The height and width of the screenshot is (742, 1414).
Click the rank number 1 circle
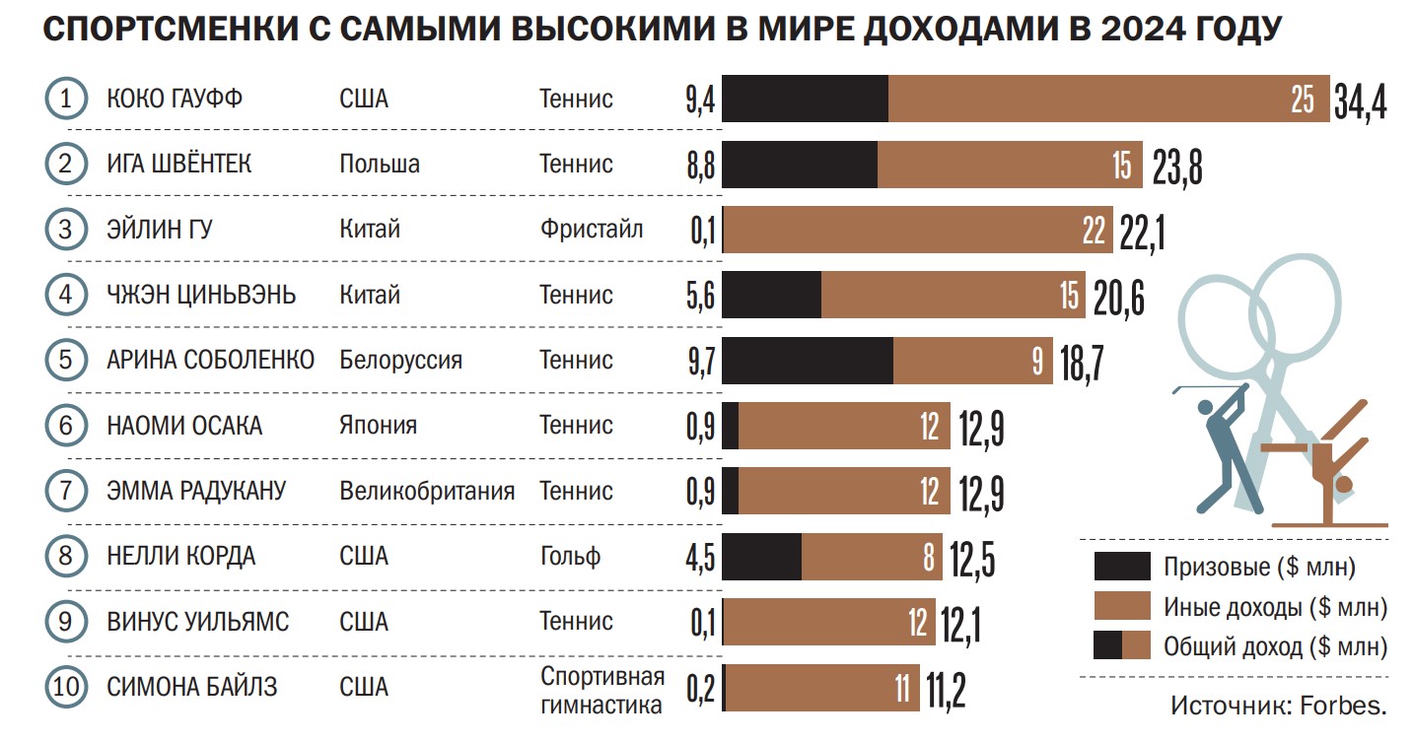[66, 99]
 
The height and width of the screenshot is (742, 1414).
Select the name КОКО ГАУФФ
[175, 99]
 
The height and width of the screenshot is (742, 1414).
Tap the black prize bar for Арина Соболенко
[808, 361]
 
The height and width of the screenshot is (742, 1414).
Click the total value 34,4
[1360, 101]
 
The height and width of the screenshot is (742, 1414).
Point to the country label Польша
[380, 164]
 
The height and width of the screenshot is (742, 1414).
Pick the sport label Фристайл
[591, 230]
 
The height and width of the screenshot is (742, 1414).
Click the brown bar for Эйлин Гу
[917, 230]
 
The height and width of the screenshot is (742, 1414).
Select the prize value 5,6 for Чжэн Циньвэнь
[700, 296]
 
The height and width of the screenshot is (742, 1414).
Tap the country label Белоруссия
[400, 360]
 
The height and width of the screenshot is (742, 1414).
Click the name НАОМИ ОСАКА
[184, 426]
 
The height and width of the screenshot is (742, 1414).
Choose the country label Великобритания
[427, 491]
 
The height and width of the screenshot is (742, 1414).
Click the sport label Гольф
[570, 557]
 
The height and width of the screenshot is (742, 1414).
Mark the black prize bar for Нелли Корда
[762, 557]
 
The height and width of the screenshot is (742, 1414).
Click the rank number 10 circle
[66, 688]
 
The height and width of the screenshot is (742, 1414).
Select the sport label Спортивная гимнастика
[601, 691]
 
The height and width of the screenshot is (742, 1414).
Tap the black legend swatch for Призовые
[1121, 567]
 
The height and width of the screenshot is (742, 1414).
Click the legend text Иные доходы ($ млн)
[1275, 607]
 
